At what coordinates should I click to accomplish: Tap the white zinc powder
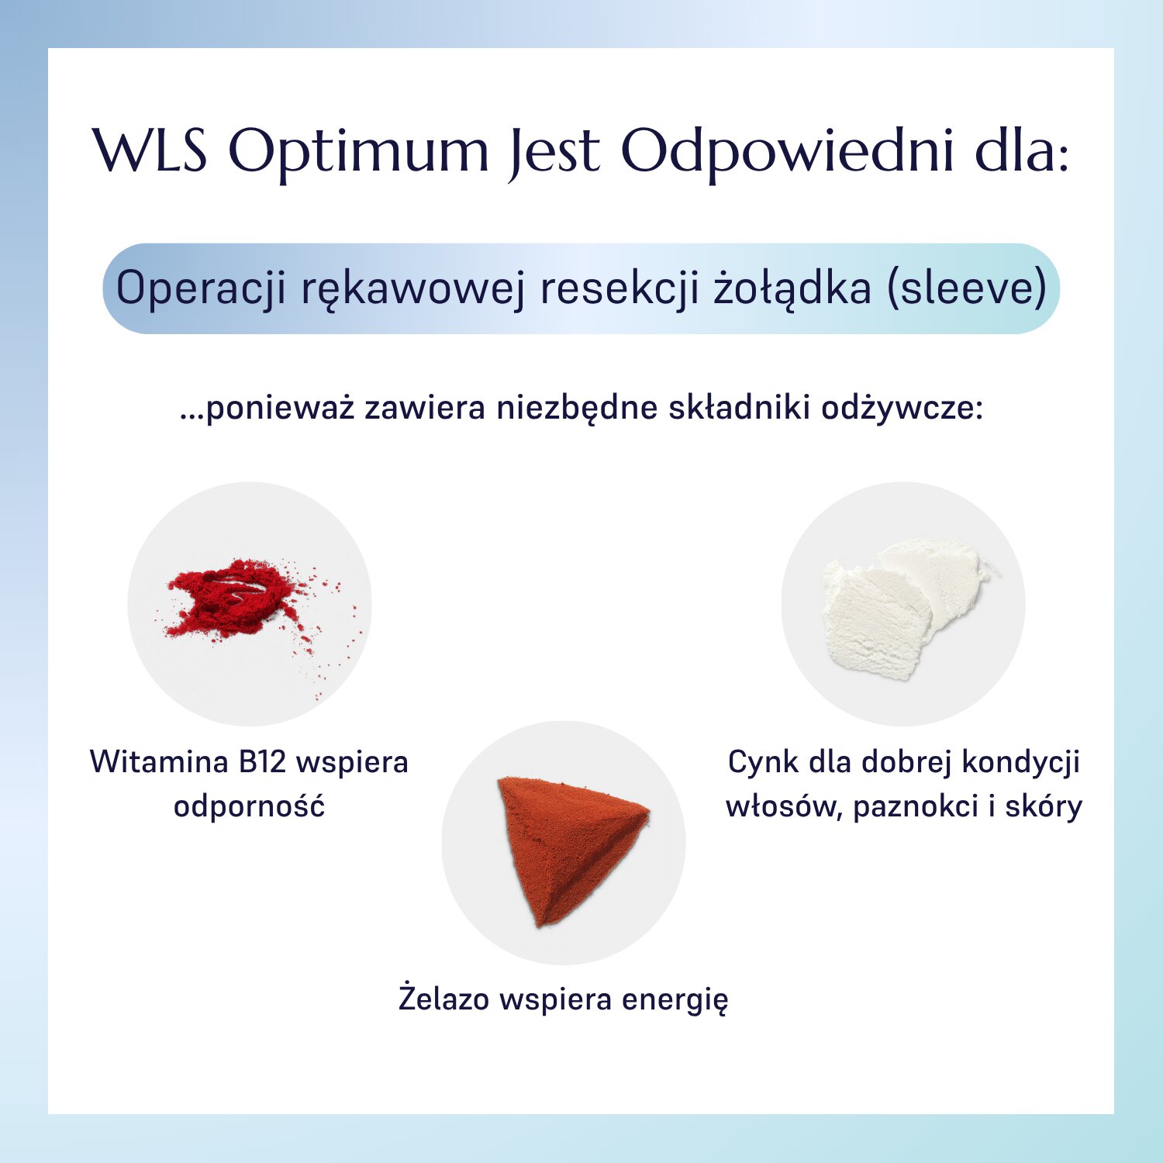coord(899,609)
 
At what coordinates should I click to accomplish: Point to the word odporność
coord(249,806)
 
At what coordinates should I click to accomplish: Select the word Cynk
coord(763,762)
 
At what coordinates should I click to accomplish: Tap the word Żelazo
coord(444,998)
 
